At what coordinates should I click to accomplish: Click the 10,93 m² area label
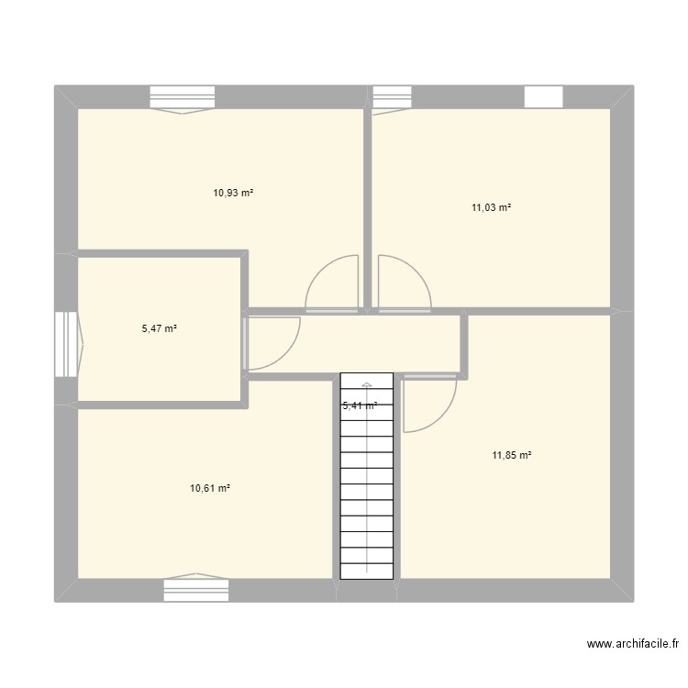click(x=233, y=194)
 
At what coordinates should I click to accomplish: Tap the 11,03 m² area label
click(x=491, y=208)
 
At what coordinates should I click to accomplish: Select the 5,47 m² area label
click(x=160, y=327)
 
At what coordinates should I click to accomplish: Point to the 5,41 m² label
click(x=360, y=405)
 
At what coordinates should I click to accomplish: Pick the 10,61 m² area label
click(x=210, y=489)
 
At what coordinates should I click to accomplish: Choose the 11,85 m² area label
click(x=513, y=455)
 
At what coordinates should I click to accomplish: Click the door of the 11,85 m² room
click(x=429, y=402)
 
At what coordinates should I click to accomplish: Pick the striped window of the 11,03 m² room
click(x=391, y=97)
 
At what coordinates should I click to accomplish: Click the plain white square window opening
click(x=542, y=97)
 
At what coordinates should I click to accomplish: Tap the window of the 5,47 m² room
click(x=67, y=344)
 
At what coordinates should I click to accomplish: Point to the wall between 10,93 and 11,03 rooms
click(x=368, y=206)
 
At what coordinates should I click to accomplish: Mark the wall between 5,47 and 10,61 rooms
click(x=161, y=405)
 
